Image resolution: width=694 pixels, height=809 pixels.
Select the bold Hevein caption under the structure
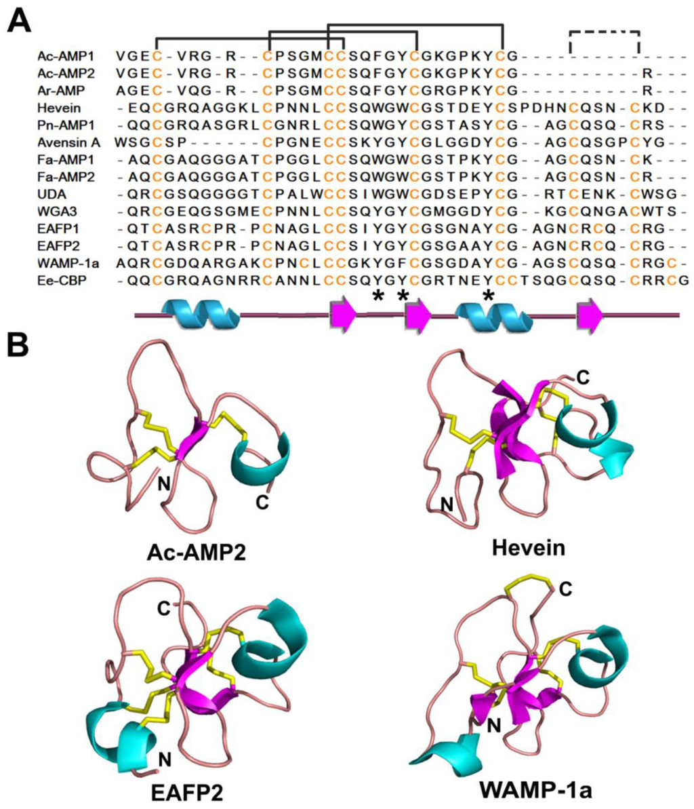527,547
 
